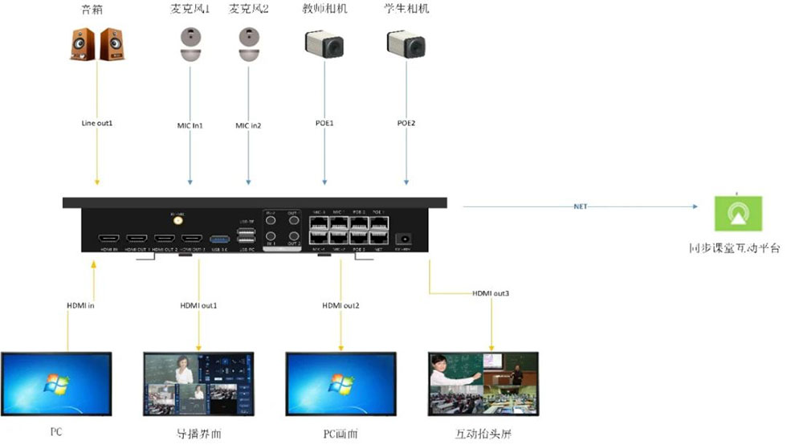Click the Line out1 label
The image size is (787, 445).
click(97, 124)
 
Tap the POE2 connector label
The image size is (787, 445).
click(406, 124)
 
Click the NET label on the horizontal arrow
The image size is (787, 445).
click(581, 206)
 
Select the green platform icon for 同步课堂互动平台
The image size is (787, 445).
click(737, 213)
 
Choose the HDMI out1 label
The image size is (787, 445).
click(198, 305)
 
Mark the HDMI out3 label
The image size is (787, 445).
click(491, 293)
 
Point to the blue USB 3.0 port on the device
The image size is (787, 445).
click(218, 239)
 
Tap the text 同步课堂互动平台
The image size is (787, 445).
click(735, 249)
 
